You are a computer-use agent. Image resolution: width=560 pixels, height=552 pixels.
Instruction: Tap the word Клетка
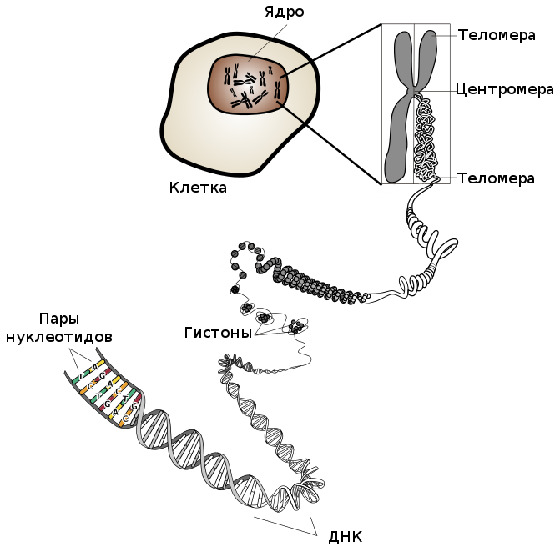point(198,188)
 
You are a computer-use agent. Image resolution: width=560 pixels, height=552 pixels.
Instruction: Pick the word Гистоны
point(218,333)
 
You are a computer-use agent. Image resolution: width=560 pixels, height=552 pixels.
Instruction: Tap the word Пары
point(58,319)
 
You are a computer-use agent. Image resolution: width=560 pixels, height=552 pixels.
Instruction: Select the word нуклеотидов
point(58,337)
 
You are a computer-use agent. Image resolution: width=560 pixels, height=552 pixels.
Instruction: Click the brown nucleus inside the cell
point(248,83)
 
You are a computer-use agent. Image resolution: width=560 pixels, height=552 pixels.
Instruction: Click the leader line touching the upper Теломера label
point(446,35)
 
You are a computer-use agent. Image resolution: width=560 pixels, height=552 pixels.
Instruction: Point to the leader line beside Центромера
point(438,88)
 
